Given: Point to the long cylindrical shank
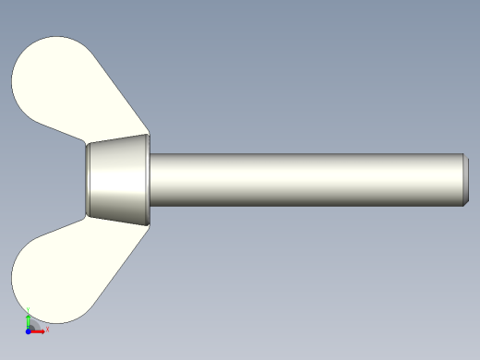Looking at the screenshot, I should (x=305, y=179).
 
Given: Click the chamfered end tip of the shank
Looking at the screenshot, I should (x=464, y=179).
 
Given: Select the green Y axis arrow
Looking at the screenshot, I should (x=29, y=319).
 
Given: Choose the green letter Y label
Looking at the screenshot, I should (x=29, y=310).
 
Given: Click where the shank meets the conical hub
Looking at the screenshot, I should (x=150, y=179).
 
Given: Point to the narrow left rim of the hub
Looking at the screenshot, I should (x=87, y=179).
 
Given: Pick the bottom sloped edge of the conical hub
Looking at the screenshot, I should (x=118, y=221).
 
